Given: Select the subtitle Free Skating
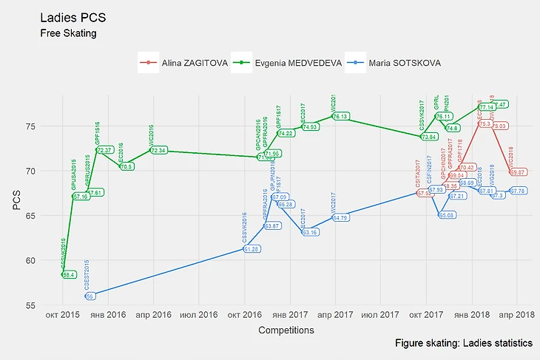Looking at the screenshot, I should click(68, 33).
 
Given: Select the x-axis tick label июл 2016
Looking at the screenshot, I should click(198, 315).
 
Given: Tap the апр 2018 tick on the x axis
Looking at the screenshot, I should click(516, 315).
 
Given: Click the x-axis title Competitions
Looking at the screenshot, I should click(286, 330).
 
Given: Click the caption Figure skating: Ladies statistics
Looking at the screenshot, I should click(464, 344).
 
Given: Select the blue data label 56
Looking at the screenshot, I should click(90, 296).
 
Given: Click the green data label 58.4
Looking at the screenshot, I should click(69, 274).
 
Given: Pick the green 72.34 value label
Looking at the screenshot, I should click(158, 150).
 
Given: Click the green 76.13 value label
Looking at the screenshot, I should click(340, 116).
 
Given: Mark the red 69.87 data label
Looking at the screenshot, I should click(518, 171).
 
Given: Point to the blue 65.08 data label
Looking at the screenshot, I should click(447, 215).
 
